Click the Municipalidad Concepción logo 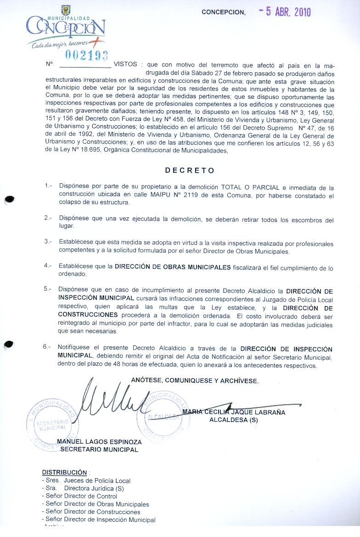[66, 28]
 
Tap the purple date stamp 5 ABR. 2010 [285, 12]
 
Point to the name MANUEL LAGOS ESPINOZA [99, 442]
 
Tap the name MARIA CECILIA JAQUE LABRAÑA [234, 412]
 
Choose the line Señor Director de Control [79, 496]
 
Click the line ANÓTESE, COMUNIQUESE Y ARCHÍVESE [195, 380]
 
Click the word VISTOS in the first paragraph [125, 64]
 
